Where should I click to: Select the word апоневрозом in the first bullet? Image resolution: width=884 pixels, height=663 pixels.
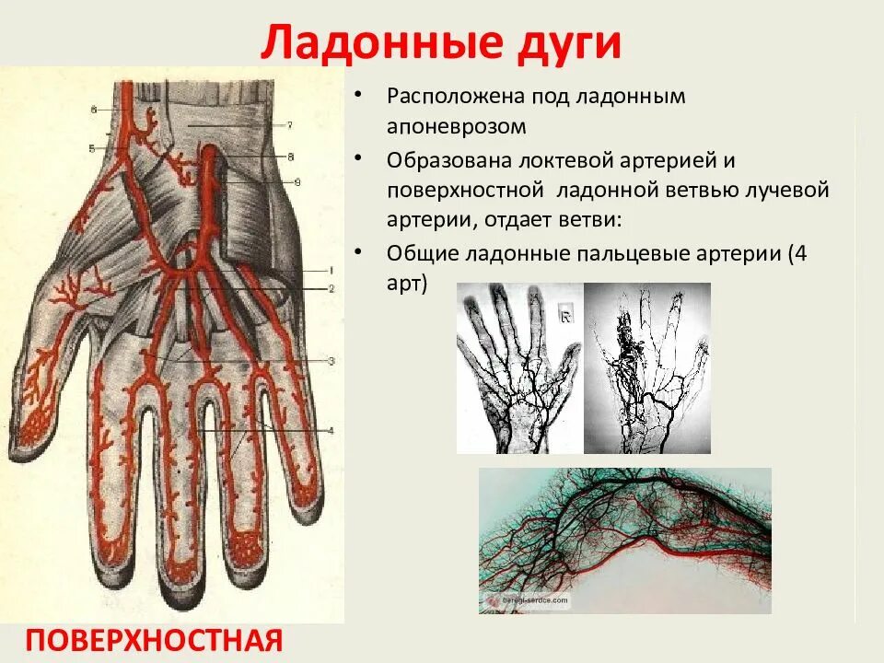(457, 125)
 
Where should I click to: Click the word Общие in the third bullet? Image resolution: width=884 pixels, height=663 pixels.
(417, 253)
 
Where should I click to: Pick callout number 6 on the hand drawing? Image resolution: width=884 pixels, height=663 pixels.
(94, 110)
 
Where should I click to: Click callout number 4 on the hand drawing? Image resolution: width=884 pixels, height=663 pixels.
(331, 431)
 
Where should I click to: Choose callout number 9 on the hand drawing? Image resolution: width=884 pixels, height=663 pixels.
(297, 182)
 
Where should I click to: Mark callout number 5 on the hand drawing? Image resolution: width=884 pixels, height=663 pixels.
(92, 147)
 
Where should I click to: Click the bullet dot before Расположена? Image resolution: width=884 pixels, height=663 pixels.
(366, 97)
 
